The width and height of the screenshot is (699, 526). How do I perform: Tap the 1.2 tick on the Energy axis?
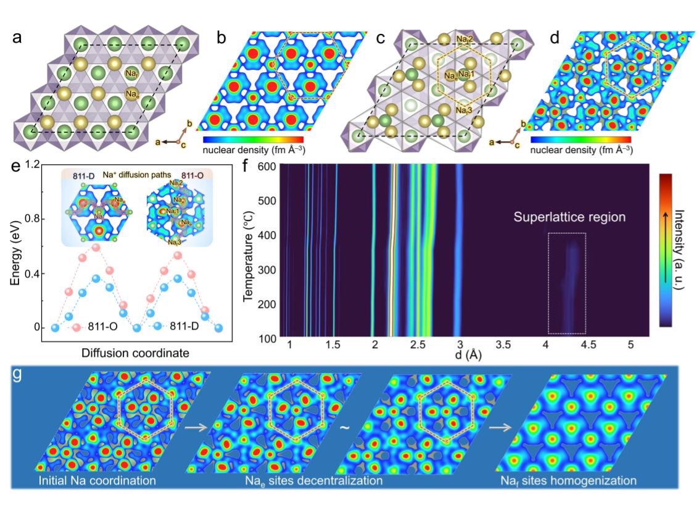coord(33,165)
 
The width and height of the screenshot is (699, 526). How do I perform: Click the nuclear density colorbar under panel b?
coord(253,138)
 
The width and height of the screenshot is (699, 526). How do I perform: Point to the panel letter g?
coord(25,375)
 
